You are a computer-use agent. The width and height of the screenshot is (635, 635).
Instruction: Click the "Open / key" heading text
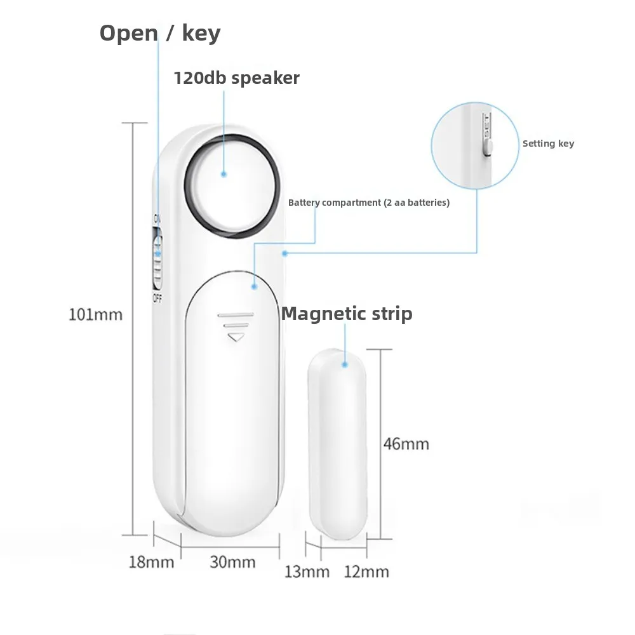159,33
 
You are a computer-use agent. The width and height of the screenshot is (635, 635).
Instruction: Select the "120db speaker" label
236,78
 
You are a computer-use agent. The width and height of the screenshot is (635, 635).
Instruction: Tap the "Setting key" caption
548,144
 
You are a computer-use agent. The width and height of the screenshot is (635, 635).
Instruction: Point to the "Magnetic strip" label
347,314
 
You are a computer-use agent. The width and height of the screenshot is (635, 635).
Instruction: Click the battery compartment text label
369,203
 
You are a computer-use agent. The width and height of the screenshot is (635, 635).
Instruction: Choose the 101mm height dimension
95,314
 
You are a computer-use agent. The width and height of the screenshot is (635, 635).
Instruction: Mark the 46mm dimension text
406,443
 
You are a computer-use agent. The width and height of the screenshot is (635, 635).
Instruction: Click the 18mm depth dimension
151,562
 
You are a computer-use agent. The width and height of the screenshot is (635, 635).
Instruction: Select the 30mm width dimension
232,562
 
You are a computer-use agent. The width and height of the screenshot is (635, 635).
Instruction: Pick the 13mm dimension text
307,571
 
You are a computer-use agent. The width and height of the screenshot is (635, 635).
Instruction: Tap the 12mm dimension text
366,571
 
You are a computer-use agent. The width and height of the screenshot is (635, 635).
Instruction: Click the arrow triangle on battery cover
236,337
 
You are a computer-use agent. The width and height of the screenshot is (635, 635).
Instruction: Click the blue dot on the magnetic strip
345,364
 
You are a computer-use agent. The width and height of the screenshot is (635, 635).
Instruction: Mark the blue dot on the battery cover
253,287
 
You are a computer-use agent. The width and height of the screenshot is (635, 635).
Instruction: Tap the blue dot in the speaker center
224,173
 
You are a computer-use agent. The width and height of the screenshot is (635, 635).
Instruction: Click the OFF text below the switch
156,298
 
